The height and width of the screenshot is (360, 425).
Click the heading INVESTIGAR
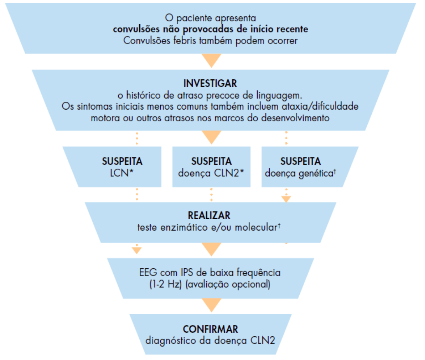pos(211,84)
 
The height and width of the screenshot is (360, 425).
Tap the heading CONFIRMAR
pos(211,329)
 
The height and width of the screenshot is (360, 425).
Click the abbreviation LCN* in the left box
pos(122,173)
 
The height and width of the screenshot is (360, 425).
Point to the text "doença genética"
pos(299,173)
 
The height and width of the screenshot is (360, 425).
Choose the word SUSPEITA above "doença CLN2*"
pos(211,161)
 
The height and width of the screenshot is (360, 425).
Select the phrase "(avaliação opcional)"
pos(228,284)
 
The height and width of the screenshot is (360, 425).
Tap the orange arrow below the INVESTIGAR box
pos(212,137)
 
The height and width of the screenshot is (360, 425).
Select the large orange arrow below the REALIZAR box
pos(212,249)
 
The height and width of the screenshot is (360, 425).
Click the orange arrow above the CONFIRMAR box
pos(212,305)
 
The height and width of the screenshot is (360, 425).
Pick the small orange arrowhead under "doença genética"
pos(286,199)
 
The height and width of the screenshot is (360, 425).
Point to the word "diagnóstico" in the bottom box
pos(168,341)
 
